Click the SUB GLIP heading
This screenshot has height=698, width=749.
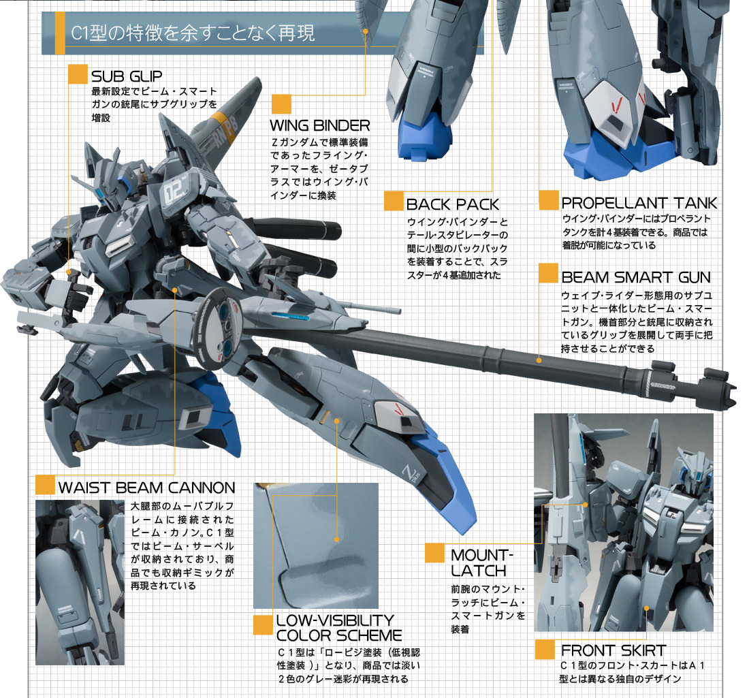(126, 75)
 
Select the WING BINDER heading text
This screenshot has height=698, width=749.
(319, 125)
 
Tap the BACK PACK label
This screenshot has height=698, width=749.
(452, 204)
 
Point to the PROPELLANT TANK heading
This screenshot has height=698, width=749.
(639, 202)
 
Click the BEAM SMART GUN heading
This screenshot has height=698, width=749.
(636, 277)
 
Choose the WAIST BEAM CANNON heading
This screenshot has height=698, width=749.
(146, 487)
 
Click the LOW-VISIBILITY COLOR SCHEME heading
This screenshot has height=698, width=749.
(338, 627)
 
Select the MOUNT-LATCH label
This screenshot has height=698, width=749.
(479, 562)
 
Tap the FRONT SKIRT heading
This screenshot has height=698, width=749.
(613, 650)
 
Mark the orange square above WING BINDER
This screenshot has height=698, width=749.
(281, 104)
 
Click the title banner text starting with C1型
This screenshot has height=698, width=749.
(193, 33)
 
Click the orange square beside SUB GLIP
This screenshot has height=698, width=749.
(77, 75)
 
